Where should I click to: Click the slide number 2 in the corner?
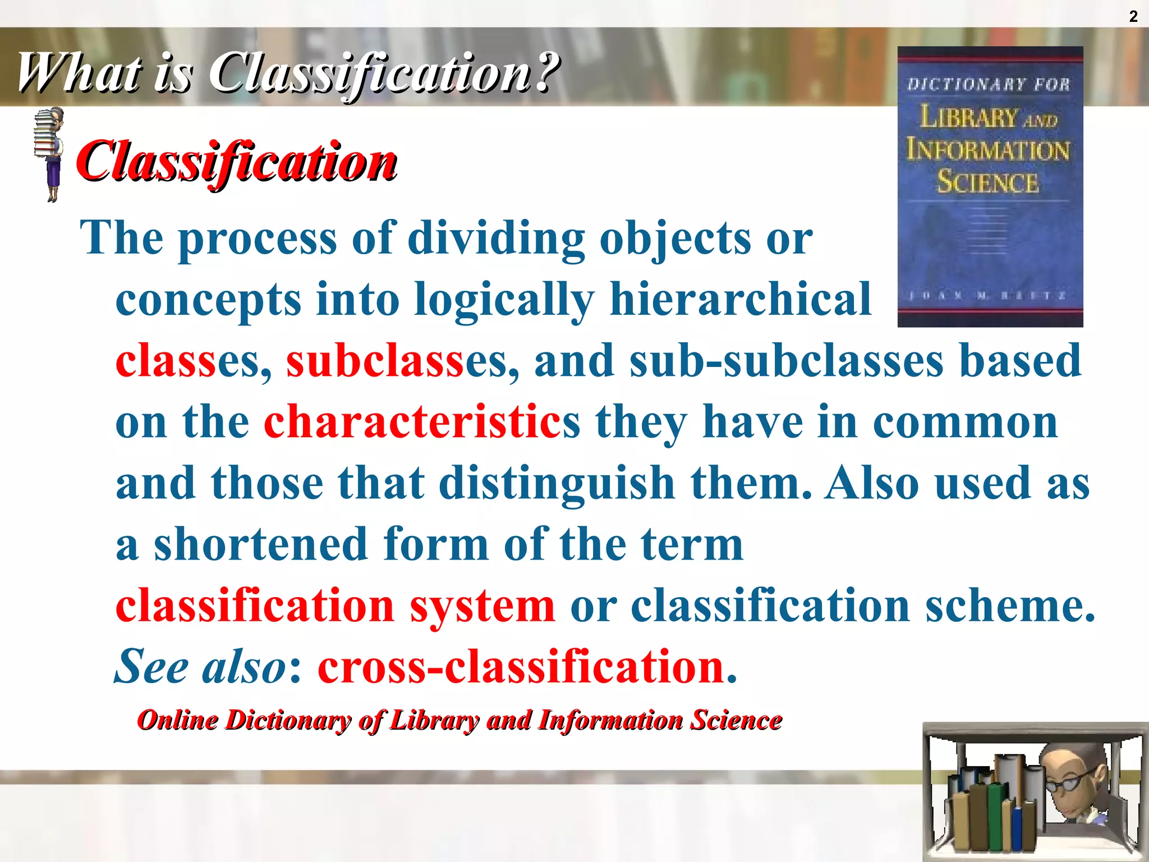click(1133, 17)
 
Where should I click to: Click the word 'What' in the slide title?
click(79, 73)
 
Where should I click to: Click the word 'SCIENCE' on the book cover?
click(988, 182)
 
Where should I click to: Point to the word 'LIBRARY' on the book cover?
click(968, 117)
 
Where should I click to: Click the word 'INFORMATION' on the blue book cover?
click(988, 150)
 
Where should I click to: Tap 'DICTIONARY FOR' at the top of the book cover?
click(989, 85)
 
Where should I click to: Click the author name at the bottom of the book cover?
click(987, 295)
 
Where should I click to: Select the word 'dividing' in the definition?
click(496, 238)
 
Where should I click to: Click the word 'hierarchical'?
click(741, 299)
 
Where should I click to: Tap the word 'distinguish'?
click(557, 483)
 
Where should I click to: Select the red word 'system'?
click(482, 606)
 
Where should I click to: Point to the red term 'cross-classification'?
click(522, 667)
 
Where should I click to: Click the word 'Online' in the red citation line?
click(178, 720)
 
